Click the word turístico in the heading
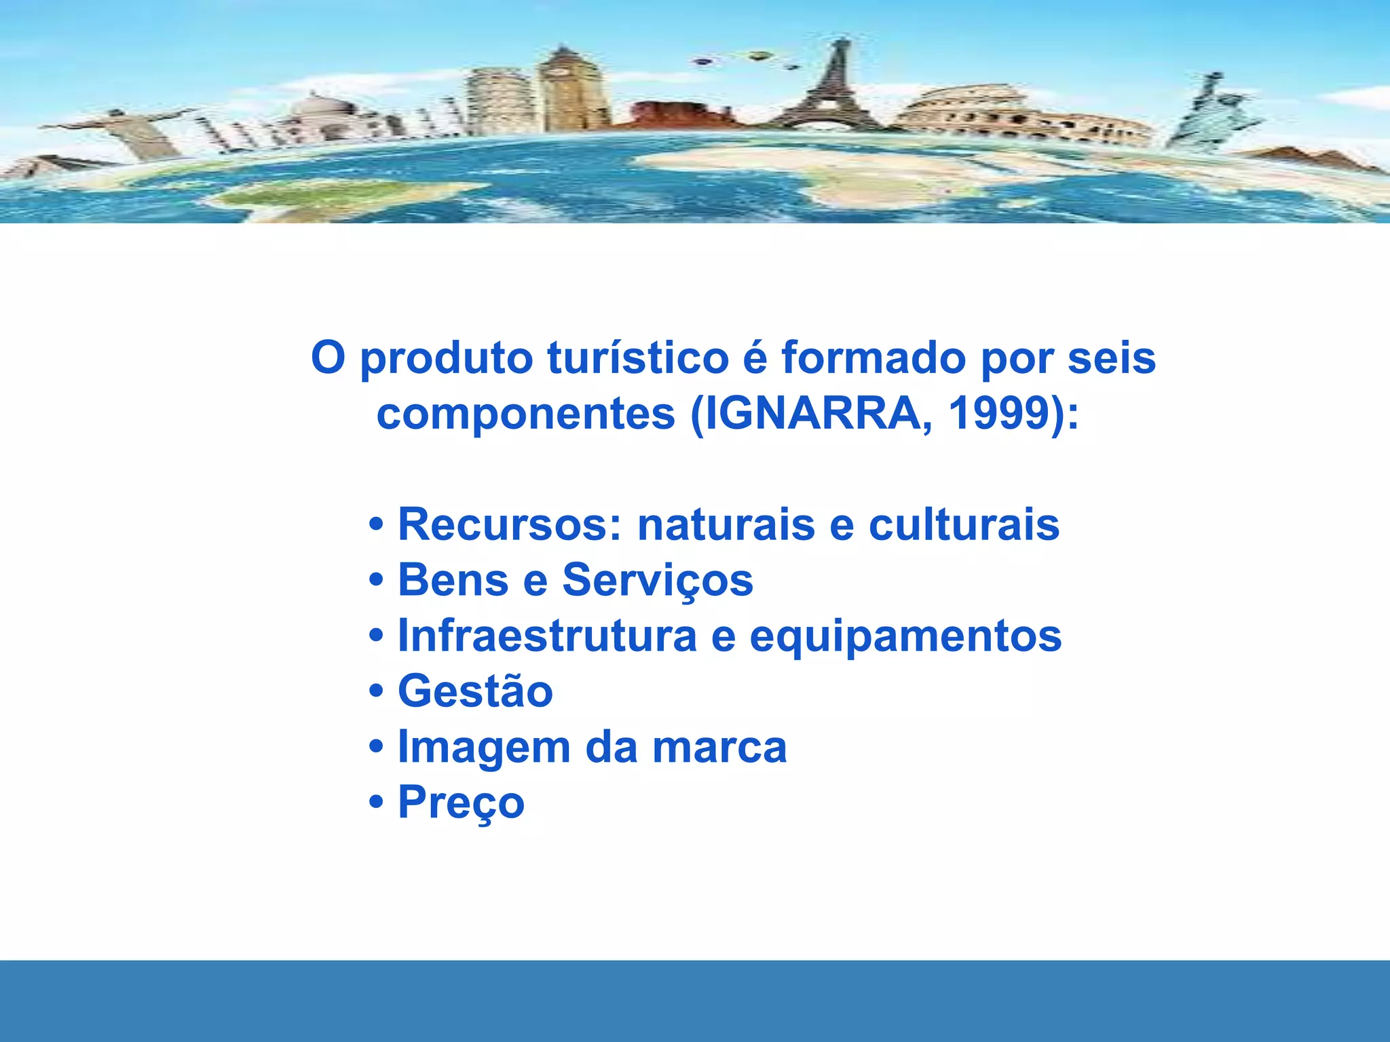coord(638,358)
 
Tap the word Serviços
coord(657,581)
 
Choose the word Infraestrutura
coord(547,636)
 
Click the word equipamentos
coord(905,637)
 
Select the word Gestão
coord(475,691)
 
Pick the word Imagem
coord(484,748)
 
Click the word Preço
coord(461,803)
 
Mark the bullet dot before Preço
coord(376,803)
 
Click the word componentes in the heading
coord(526,413)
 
